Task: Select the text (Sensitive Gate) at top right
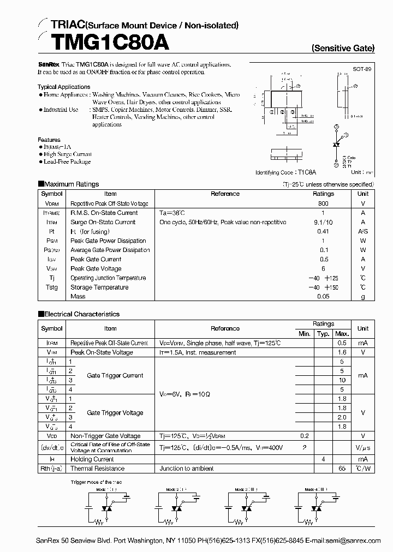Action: pyautogui.click(x=343, y=48)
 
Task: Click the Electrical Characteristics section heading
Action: pyautogui.click(x=81, y=314)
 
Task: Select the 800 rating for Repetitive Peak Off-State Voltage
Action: pyautogui.click(x=323, y=203)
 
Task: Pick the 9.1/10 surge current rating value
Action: pyautogui.click(x=323, y=222)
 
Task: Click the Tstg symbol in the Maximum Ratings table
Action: pyautogui.click(x=51, y=287)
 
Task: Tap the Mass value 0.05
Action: pyautogui.click(x=323, y=297)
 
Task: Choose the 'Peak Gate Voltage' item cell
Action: pyautogui.click(x=96, y=268)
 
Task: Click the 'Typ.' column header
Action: pyautogui.click(x=323, y=334)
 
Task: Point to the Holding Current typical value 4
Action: pyautogui.click(x=323, y=459)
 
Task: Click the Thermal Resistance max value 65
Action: pyautogui.click(x=342, y=469)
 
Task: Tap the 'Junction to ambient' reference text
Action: pyautogui.click(x=186, y=469)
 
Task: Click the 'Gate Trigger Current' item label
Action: pyautogui.click(x=115, y=375)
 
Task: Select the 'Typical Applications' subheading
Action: pyautogui.click(x=64, y=87)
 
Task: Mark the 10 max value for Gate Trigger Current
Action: pyautogui.click(x=342, y=380)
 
